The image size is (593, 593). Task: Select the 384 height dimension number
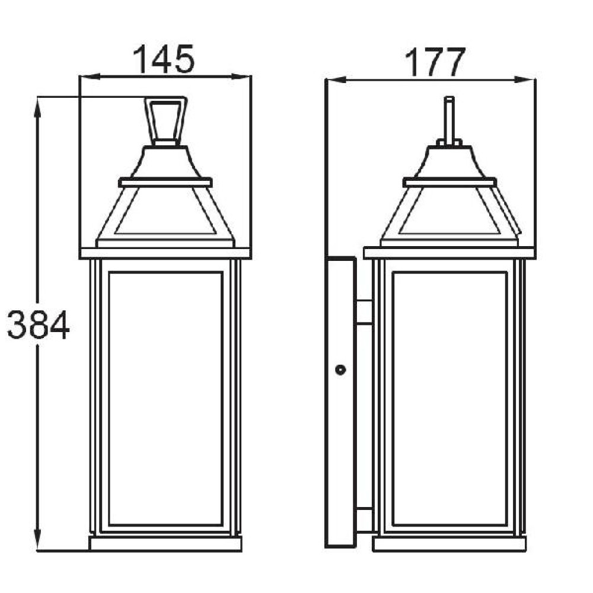[x=38, y=324]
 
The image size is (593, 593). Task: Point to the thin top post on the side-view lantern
[x=449, y=120]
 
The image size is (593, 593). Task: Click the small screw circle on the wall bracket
[x=340, y=369]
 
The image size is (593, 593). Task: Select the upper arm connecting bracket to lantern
[x=364, y=312]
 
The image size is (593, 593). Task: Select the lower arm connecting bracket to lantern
[x=364, y=521]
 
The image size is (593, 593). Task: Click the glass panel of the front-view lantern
[x=165, y=398]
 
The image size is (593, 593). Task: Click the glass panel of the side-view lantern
[x=449, y=398]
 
